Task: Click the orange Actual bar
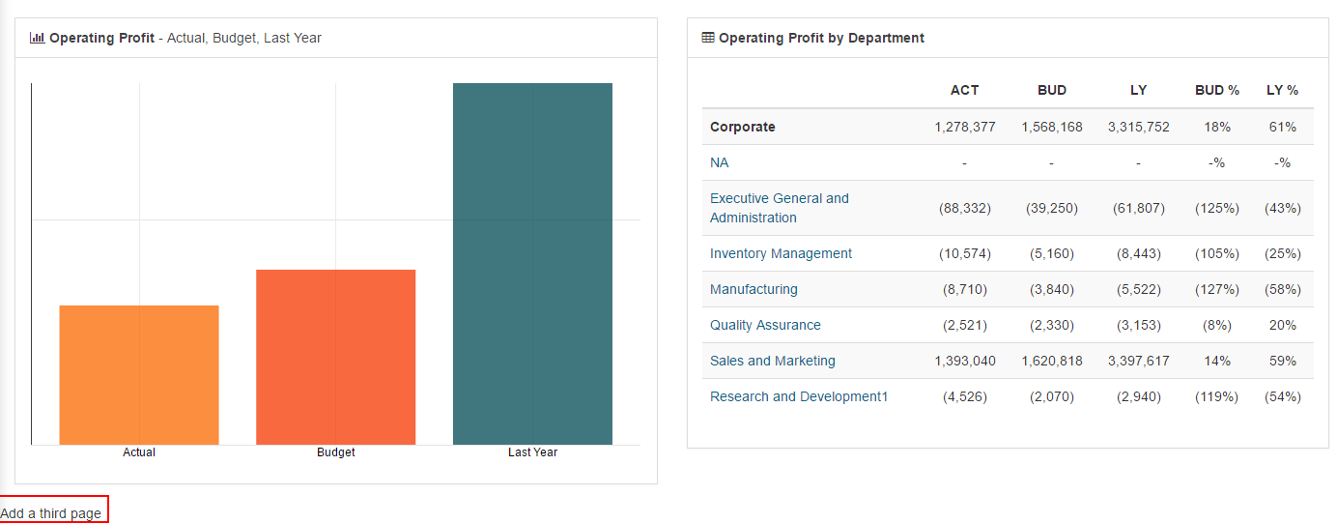coord(139,375)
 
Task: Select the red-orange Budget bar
coord(335,357)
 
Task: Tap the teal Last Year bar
coord(532,264)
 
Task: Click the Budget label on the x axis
coord(335,452)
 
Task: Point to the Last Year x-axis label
coord(532,452)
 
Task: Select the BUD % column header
coord(1216,90)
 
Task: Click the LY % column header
coord(1282,90)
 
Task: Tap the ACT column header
coord(964,90)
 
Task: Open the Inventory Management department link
coord(781,253)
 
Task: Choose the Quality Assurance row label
coord(765,325)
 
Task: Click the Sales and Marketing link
coord(772,361)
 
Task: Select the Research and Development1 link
coord(798,396)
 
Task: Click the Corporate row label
coord(742,127)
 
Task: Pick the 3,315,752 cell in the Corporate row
coord(1138,127)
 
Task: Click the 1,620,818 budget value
coord(1051,361)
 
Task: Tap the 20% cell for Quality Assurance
coord(1282,325)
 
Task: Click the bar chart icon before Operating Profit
coord(38,38)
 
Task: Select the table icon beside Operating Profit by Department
coord(708,38)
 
